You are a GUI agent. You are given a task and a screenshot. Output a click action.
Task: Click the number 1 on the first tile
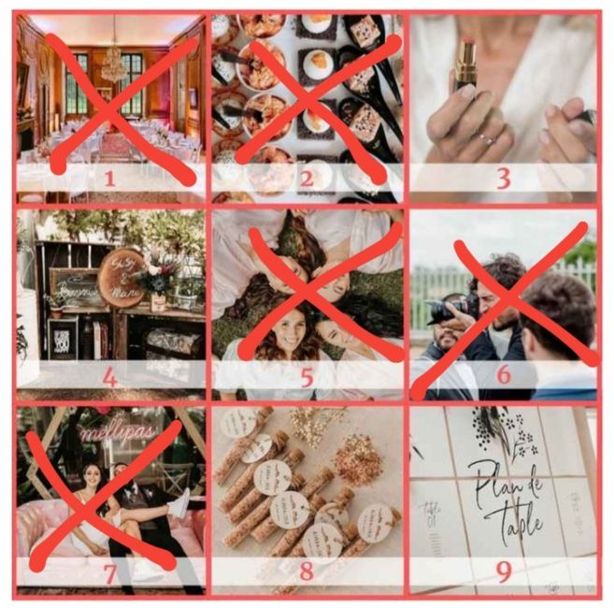(110, 178)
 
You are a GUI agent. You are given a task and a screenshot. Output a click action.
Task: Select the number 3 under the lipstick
(504, 178)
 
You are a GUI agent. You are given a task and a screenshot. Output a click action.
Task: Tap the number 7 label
(110, 572)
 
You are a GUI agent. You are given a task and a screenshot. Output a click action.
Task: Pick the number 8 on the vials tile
(307, 572)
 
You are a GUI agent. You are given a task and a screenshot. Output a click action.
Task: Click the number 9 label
(504, 572)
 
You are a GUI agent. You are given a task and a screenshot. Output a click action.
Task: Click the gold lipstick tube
(465, 65)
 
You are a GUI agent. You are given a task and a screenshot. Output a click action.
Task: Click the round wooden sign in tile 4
(123, 277)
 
